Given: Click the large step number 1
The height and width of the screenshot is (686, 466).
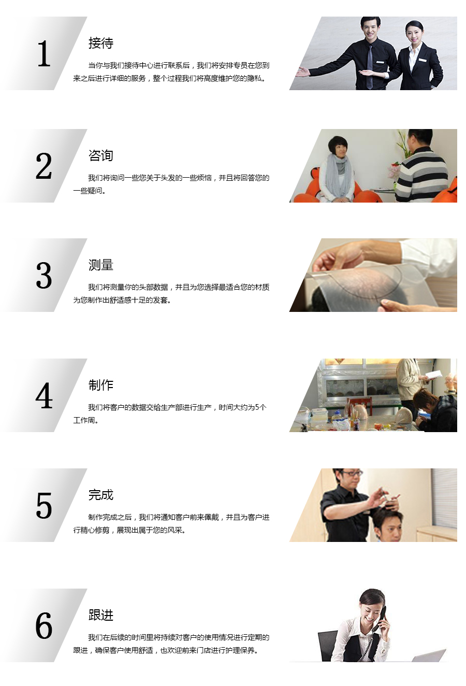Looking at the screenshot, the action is (44, 54).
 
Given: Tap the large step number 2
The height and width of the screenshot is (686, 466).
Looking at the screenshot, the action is (44, 166).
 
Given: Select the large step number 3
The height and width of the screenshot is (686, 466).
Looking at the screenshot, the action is (44, 276).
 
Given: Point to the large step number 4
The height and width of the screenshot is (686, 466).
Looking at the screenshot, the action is (44, 396).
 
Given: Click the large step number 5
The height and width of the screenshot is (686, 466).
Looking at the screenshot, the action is (44, 506).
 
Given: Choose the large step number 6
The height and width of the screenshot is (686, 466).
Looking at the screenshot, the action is (44, 626).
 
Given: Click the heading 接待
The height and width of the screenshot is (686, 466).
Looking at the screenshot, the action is (101, 43).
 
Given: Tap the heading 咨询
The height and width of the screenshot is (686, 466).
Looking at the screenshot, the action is (101, 155).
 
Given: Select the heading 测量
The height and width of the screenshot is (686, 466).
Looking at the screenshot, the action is (101, 265).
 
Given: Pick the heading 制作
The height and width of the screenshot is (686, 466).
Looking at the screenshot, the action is (101, 385).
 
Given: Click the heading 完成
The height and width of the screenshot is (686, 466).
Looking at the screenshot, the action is (101, 495).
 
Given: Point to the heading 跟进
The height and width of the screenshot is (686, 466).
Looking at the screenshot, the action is (101, 615).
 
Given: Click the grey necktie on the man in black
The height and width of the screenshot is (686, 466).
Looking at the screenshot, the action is (370, 67).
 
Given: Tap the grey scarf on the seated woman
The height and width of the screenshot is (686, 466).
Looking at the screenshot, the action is (338, 175).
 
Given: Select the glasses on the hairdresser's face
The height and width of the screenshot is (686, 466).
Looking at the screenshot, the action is (351, 474).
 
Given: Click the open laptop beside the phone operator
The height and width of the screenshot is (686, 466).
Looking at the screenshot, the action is (428, 655).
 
